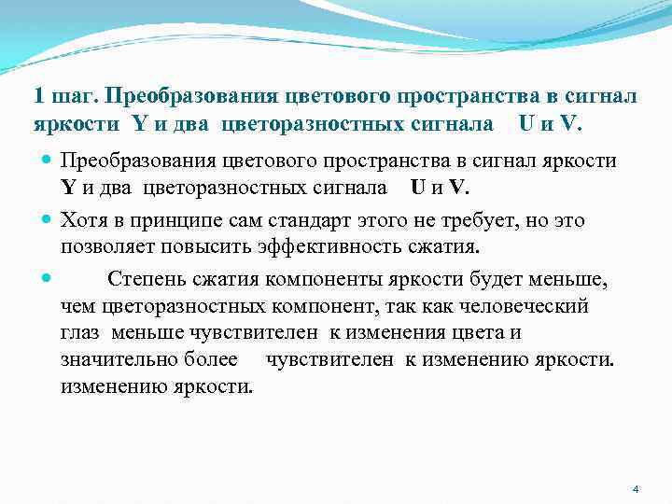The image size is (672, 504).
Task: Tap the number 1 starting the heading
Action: click(x=37, y=96)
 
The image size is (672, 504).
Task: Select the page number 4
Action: click(x=636, y=489)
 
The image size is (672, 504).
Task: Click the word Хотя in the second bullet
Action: click(x=86, y=220)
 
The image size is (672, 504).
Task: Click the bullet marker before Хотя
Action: click(x=46, y=220)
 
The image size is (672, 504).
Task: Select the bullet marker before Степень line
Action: click(x=46, y=279)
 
